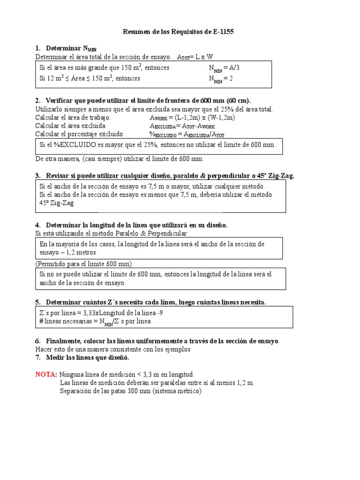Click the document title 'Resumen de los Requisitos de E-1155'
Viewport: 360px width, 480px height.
(178, 32)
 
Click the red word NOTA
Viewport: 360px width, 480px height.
(46, 375)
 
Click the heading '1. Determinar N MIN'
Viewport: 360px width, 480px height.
(66, 48)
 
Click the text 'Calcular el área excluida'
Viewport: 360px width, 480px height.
(70, 126)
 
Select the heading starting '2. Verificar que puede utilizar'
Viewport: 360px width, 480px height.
(143, 101)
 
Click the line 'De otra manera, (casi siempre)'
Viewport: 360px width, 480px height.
(120, 159)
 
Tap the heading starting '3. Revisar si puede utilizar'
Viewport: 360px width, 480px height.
(165, 176)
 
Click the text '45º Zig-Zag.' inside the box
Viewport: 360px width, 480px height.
(57, 203)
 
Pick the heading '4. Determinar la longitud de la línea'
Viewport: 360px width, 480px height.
(131, 225)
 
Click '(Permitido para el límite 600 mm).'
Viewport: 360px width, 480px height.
(84, 263)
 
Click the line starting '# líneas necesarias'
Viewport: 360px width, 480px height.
(95, 322)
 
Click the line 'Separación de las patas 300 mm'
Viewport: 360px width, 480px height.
(131, 391)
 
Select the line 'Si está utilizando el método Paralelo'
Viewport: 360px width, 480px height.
(112, 233)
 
